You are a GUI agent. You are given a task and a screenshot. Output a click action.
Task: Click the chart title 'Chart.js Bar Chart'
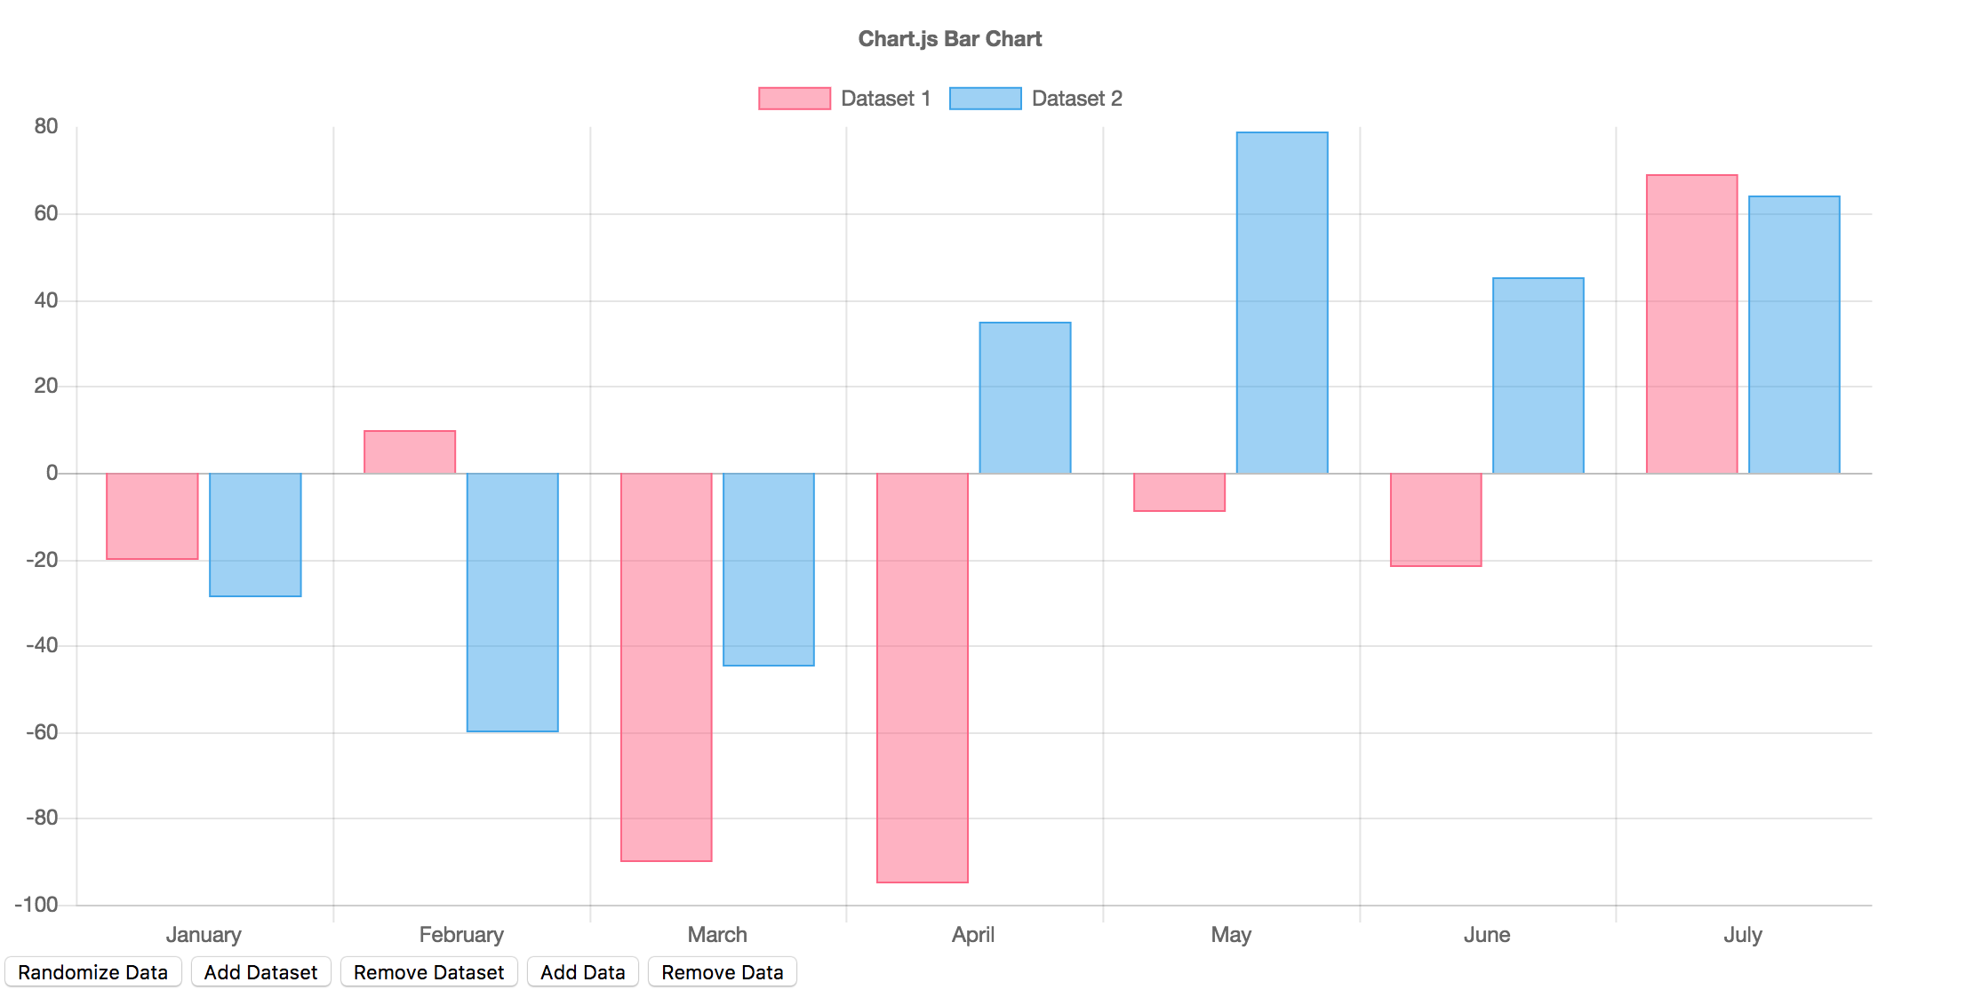click(x=949, y=39)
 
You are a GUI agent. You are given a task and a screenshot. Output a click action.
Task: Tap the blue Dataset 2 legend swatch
click(x=985, y=99)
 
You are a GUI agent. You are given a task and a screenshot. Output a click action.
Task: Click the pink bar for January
click(x=152, y=515)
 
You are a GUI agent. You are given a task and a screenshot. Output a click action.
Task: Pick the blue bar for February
click(x=512, y=602)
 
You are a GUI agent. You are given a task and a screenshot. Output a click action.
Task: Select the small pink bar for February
click(x=410, y=451)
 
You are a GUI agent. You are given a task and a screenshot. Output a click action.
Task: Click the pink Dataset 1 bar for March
click(x=666, y=667)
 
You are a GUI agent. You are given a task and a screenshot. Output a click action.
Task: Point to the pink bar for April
click(x=922, y=677)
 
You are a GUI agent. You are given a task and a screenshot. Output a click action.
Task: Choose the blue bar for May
click(x=1282, y=302)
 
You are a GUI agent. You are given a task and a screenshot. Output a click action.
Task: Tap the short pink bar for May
click(x=1179, y=491)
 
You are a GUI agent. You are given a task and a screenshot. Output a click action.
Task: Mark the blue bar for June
click(x=1538, y=375)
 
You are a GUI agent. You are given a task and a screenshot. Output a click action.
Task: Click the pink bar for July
click(x=1691, y=323)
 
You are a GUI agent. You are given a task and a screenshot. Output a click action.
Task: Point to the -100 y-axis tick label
click(x=36, y=905)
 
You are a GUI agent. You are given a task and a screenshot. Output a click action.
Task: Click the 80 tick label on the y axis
click(x=46, y=126)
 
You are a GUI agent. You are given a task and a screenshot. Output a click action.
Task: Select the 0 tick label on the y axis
click(x=52, y=473)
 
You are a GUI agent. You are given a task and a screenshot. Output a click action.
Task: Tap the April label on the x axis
click(x=972, y=935)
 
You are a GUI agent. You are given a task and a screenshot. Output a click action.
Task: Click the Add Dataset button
click(x=260, y=972)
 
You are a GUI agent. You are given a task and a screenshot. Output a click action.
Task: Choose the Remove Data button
click(x=722, y=972)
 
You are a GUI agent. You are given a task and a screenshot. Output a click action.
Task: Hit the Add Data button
click(x=582, y=972)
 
